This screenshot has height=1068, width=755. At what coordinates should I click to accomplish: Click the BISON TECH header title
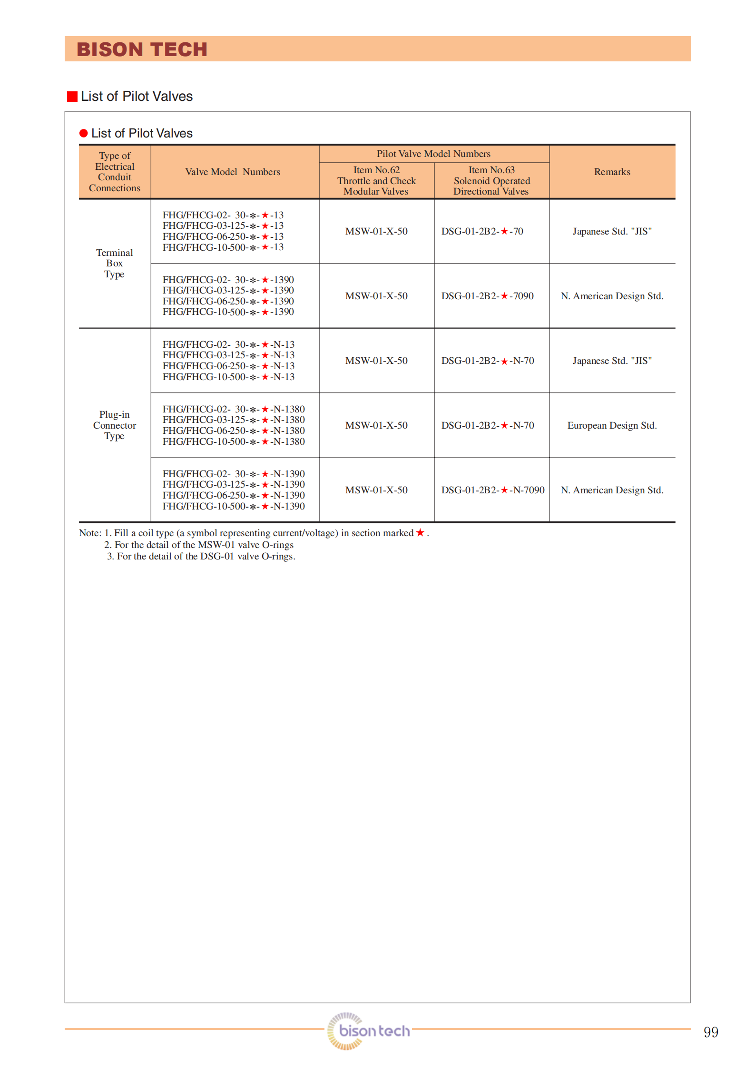point(142,49)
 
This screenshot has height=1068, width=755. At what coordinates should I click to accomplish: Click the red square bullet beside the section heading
point(72,97)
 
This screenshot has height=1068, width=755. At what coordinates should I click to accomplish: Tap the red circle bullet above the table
point(84,133)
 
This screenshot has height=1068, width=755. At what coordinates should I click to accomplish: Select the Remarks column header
point(612,172)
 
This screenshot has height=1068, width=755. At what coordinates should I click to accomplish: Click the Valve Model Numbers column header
point(233,172)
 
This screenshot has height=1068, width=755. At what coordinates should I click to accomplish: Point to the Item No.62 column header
point(376,180)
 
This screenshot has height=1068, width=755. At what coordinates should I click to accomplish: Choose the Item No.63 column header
point(491,180)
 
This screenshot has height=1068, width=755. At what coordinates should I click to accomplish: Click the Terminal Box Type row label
point(114,263)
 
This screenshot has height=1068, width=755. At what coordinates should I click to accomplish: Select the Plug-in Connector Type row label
point(114,425)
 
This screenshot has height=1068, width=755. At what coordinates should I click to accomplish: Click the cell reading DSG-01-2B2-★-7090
point(487,296)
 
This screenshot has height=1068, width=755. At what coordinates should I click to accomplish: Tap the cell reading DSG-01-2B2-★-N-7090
point(492,490)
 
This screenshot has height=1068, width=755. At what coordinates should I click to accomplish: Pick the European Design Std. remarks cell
point(612,425)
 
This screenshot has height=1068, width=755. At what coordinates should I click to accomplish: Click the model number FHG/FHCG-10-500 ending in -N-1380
point(234,441)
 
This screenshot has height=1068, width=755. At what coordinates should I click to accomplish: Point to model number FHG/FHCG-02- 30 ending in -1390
point(228,280)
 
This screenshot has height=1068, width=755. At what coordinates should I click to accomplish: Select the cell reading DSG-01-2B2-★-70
point(482,231)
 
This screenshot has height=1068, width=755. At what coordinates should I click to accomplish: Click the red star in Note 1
point(420,533)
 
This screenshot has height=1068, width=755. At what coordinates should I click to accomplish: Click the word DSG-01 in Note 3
point(217,556)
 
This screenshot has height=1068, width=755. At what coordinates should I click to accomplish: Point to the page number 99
point(711,1032)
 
